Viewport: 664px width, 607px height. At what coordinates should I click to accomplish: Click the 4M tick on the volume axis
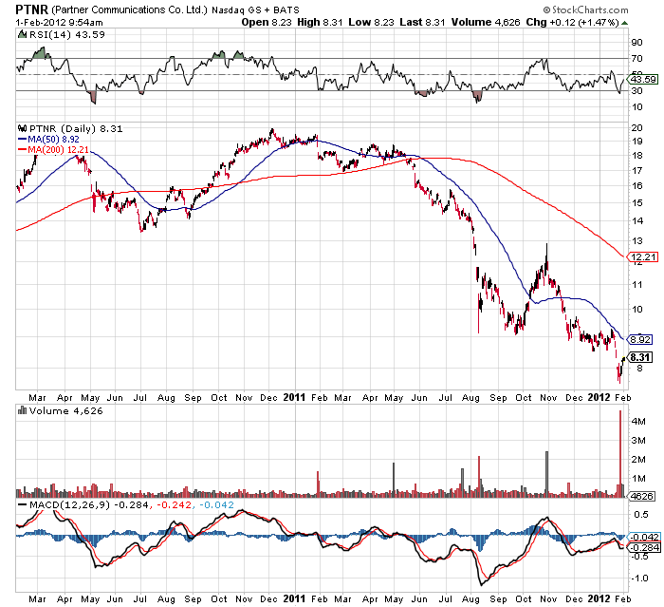point(639,421)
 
